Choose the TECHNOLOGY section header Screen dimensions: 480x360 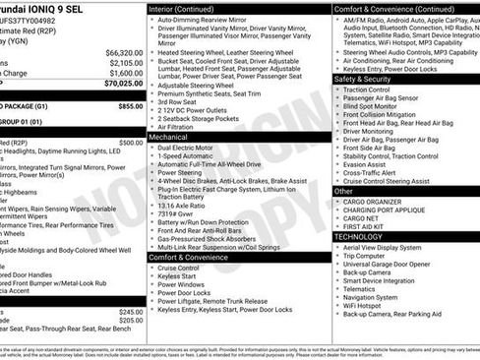click(358, 236)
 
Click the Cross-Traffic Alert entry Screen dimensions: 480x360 click(374, 172)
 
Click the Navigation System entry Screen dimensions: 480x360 click(371, 297)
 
